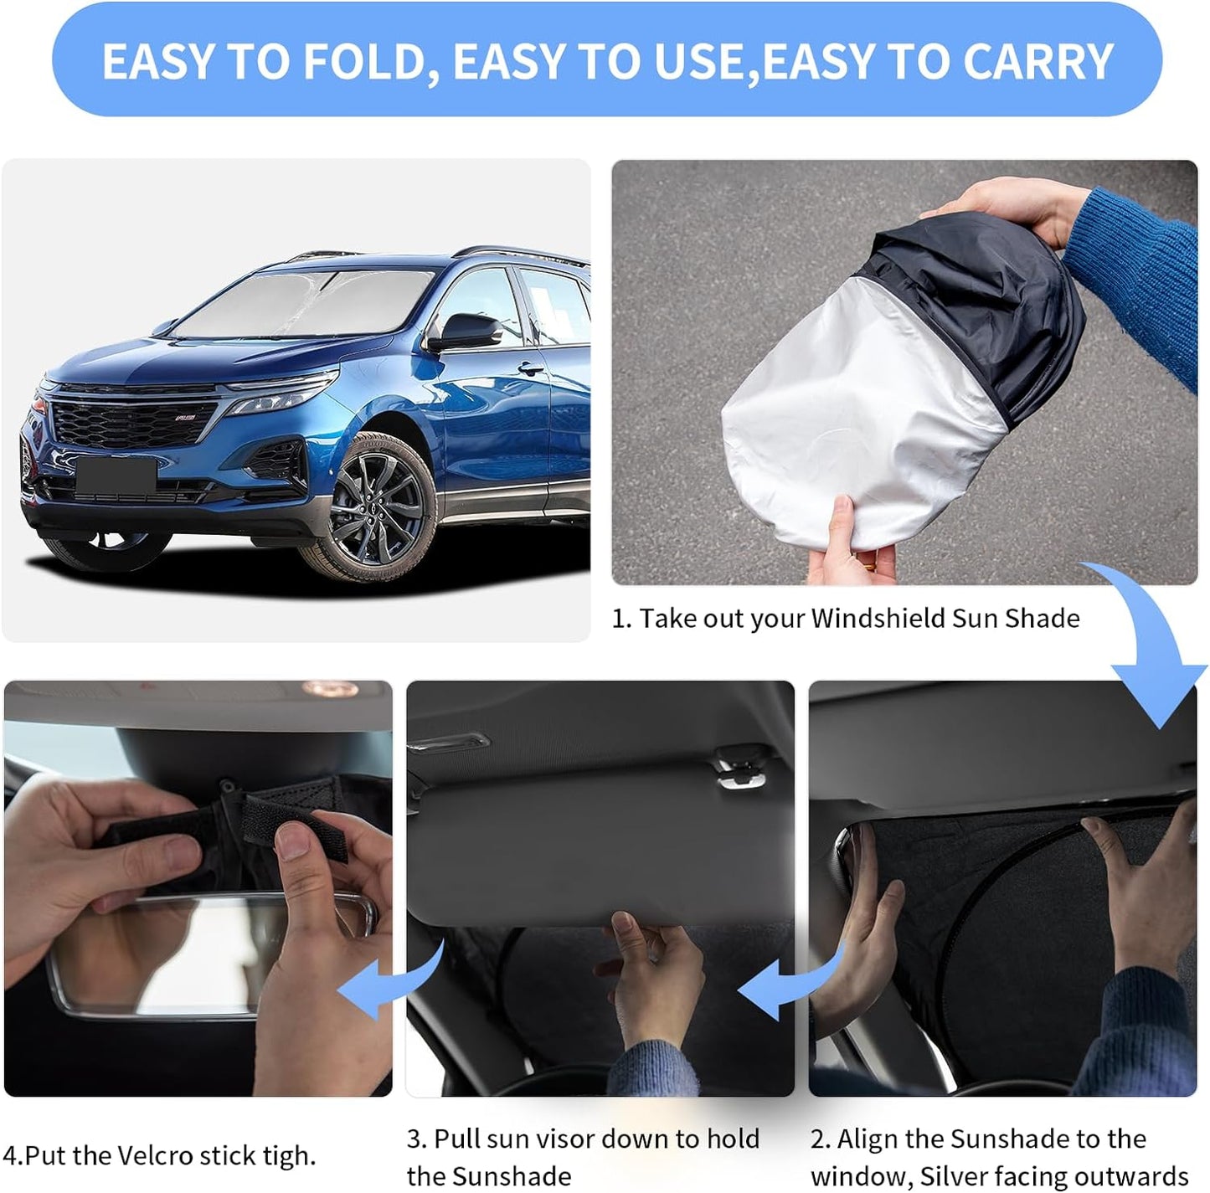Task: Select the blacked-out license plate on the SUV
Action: (116, 475)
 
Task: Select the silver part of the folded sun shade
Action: (862, 419)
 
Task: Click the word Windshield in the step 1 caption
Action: (878, 618)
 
